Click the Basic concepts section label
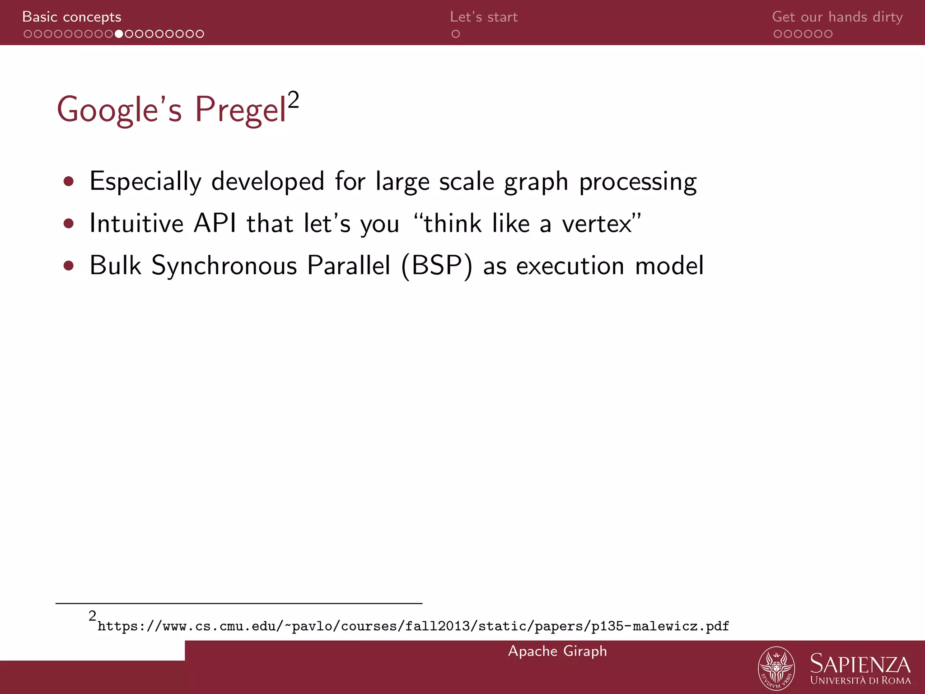click(x=71, y=17)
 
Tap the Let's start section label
click(x=483, y=17)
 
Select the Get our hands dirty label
click(x=837, y=17)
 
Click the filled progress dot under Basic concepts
click(x=119, y=34)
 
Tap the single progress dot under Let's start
click(x=456, y=34)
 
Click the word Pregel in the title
click(x=240, y=110)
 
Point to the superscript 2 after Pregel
click(x=294, y=99)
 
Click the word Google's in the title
click(x=119, y=110)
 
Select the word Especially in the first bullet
click(x=145, y=182)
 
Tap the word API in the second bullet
click(x=215, y=223)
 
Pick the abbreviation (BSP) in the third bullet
click(x=437, y=266)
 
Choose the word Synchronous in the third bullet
click(x=224, y=266)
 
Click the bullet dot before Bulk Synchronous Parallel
click(x=69, y=265)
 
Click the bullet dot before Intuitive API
click(x=69, y=223)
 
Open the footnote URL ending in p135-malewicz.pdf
click(x=413, y=626)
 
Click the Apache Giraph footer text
click(x=557, y=651)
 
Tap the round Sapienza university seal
click(x=776, y=668)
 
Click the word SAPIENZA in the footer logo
click(x=860, y=664)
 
